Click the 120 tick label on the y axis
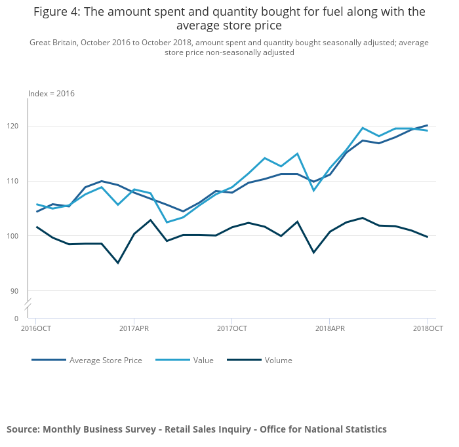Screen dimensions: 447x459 (x=19, y=126)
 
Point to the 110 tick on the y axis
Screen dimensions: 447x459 (x=19, y=181)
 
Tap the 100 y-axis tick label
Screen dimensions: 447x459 (x=19, y=236)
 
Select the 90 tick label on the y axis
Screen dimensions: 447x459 (x=21, y=291)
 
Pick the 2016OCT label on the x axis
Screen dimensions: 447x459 (x=36, y=328)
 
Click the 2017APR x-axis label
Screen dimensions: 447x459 (x=134, y=328)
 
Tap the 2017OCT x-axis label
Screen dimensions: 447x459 (x=231, y=328)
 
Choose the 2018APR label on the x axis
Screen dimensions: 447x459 (x=329, y=328)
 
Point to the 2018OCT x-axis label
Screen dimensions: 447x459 (x=428, y=328)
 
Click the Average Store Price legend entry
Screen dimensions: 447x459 (x=106, y=360)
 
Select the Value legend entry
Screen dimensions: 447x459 (x=203, y=360)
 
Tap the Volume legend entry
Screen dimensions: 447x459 (x=278, y=360)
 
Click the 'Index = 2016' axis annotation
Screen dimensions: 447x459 (x=51, y=94)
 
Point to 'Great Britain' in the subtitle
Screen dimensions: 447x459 (x=53, y=43)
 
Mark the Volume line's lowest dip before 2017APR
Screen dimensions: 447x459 (x=118, y=263)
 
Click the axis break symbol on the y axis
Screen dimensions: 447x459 (x=28, y=305)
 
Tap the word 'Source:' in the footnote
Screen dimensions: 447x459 (x=23, y=429)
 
